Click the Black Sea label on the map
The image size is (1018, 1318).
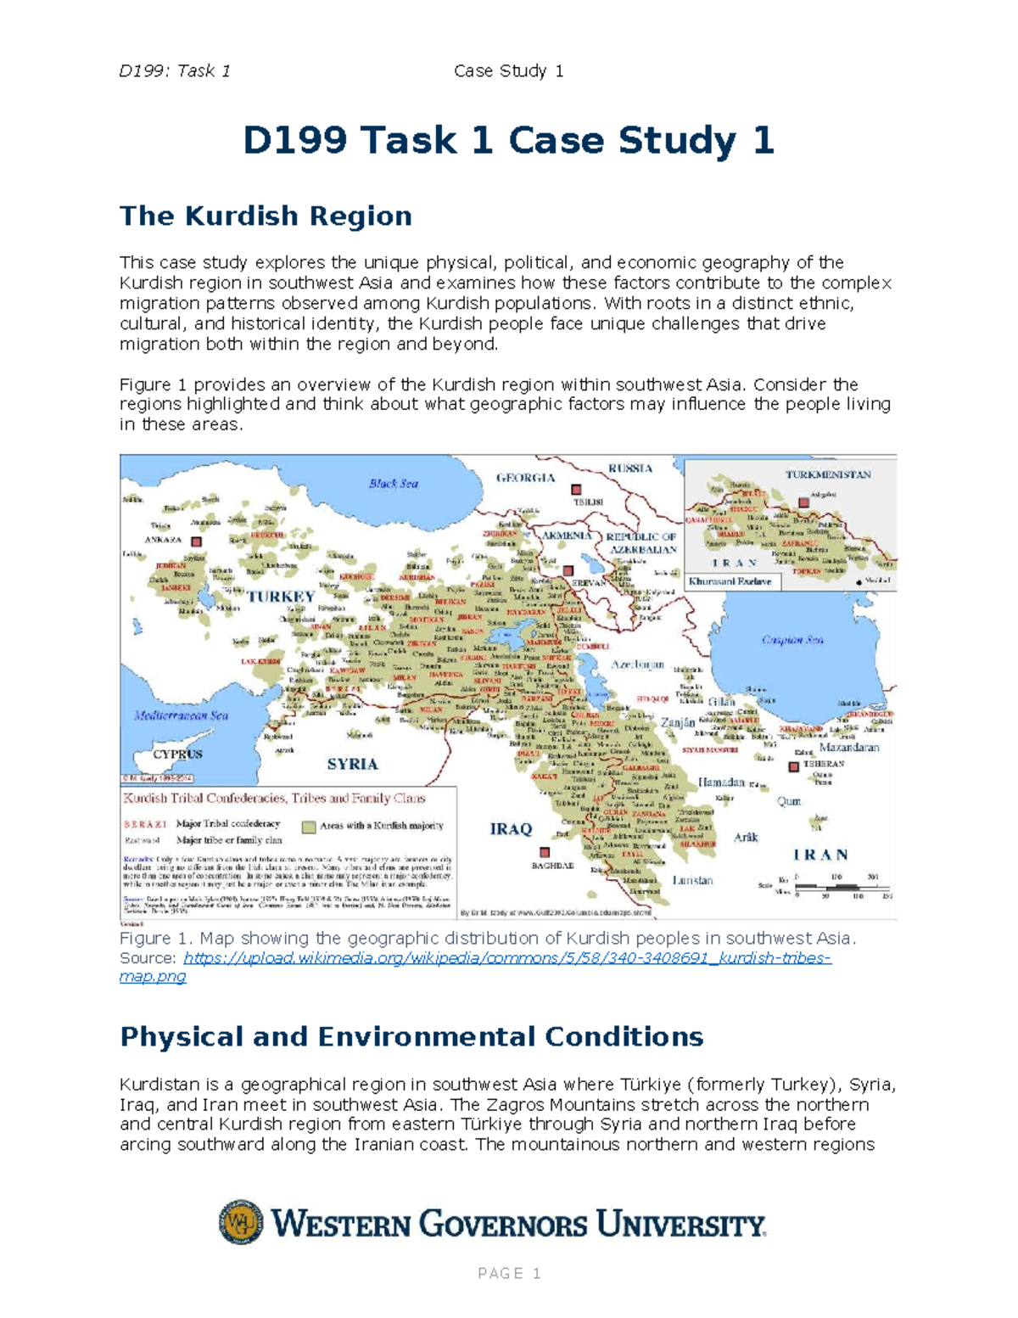[393, 484]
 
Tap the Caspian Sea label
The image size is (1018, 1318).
[792, 640]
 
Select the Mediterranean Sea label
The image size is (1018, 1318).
[181, 715]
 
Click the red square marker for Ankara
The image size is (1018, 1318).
[197, 541]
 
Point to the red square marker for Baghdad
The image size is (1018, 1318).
[545, 852]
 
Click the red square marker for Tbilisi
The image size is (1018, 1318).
[576, 490]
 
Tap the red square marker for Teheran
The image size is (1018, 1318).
[793, 766]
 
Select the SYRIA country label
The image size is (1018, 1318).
[352, 764]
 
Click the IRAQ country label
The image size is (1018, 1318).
[511, 829]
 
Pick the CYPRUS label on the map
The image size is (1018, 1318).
[177, 754]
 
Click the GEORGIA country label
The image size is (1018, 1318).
[525, 478]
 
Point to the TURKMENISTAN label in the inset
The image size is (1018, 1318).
[828, 474]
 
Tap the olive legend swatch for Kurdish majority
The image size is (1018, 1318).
[309, 826]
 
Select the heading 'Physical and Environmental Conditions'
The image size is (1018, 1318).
[411, 1036]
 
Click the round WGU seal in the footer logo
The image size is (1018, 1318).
[241, 1222]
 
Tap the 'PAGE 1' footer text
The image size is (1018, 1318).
[509, 1273]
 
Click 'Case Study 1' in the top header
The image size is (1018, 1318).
[509, 71]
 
